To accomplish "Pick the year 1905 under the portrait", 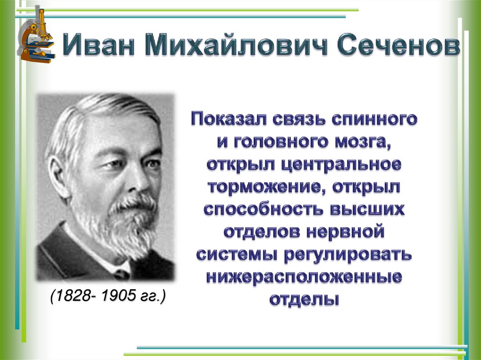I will (x=116, y=297).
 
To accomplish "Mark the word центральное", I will (x=340, y=165).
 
